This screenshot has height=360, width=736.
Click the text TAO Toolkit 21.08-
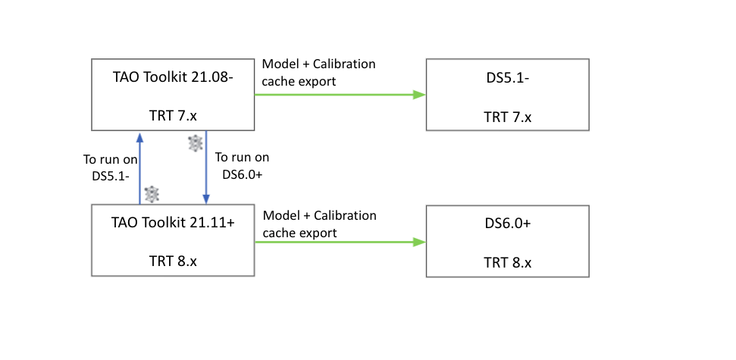tap(173, 77)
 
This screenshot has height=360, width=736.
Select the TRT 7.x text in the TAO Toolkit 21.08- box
tap(173, 117)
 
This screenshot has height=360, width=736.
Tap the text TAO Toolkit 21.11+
tap(173, 224)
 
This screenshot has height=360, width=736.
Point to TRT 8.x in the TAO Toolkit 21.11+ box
tap(173, 261)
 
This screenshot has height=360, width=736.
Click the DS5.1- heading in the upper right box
tap(507, 77)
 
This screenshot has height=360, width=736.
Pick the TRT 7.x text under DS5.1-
tap(507, 117)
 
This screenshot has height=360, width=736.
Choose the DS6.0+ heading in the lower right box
tap(507, 224)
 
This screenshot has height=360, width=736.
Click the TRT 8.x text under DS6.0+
tap(507, 262)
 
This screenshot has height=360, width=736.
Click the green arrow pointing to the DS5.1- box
tap(338, 95)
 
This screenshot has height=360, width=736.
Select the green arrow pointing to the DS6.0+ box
tap(338, 242)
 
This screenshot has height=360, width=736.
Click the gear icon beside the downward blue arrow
tap(196, 142)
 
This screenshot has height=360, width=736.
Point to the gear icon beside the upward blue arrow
tap(152, 194)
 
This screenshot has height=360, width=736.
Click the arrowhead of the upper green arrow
tap(418, 95)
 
